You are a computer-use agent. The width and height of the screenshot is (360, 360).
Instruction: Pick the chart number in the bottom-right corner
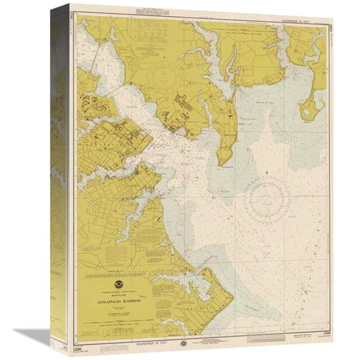322,343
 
